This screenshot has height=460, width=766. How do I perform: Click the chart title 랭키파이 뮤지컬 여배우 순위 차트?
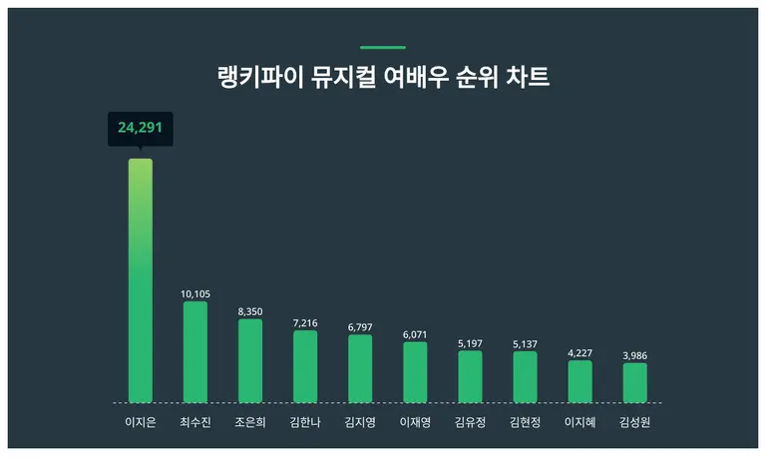coord(383,77)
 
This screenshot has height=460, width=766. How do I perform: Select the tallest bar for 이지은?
coord(141,279)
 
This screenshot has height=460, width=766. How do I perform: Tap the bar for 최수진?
coord(195,351)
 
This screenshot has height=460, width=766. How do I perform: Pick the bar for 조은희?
coord(250,360)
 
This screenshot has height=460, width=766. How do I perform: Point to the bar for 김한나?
coord(305,366)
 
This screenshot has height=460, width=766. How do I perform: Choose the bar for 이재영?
coord(415,371)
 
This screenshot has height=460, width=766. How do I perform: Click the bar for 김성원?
coord(635,382)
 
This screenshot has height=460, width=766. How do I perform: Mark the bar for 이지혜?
coord(580,381)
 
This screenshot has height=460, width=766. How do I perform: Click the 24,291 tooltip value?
coord(141,128)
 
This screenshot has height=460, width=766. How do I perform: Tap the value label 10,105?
coord(195,294)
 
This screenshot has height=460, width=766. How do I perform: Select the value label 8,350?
coord(250,311)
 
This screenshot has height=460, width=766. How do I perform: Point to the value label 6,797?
coord(360,327)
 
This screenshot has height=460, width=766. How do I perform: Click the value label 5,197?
coord(470,342)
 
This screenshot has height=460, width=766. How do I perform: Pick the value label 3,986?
coord(635,355)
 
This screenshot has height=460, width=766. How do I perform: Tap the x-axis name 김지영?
coord(360,421)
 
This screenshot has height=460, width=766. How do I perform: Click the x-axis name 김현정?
coord(526,421)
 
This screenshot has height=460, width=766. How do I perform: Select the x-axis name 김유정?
coord(470,421)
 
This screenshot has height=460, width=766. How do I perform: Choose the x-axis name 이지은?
coord(141,421)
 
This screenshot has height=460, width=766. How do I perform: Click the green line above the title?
coord(383,47)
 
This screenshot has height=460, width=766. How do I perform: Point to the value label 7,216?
coord(305,323)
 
